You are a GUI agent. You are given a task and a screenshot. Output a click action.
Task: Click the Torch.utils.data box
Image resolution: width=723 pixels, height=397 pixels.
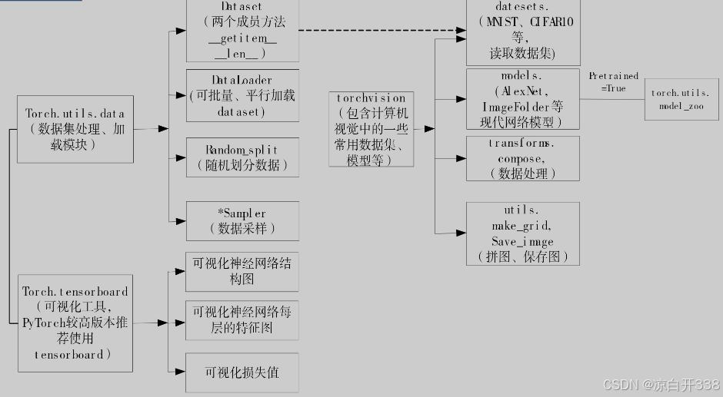click(75, 129)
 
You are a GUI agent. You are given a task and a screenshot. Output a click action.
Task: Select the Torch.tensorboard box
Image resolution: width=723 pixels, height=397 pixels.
click(75, 326)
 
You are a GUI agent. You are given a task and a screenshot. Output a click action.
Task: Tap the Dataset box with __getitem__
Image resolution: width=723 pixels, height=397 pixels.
click(242, 31)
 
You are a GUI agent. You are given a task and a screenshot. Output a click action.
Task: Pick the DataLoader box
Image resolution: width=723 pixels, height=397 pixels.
click(242, 95)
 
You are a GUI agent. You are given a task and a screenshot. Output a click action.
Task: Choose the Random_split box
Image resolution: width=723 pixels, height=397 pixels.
click(242, 157)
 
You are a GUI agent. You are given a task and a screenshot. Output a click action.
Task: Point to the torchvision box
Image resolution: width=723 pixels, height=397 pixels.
click(371, 128)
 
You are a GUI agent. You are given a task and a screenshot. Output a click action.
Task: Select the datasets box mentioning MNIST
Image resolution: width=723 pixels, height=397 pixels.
click(522, 32)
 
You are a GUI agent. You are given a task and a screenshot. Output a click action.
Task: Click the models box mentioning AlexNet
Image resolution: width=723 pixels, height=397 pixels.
click(522, 99)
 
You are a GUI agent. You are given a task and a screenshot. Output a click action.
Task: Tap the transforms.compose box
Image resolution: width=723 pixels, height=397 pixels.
click(522, 159)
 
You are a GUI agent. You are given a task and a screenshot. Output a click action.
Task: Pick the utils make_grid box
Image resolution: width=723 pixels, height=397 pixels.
click(522, 233)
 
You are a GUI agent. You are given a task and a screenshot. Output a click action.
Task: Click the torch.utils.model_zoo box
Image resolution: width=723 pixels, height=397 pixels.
click(682, 98)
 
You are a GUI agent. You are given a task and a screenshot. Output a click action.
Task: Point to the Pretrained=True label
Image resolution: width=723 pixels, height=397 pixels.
click(613, 82)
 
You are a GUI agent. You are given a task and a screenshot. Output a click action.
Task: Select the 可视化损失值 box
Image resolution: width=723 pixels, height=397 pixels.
click(242, 372)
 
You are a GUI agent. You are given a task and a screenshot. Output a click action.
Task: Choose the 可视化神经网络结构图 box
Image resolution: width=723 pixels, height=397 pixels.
click(242, 271)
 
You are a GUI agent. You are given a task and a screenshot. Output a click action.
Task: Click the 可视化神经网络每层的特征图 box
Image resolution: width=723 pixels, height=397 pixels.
click(242, 320)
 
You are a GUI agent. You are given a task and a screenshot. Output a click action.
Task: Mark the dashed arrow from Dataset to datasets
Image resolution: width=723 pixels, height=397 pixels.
click(381, 31)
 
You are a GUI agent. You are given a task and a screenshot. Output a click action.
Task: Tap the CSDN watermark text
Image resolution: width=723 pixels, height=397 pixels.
click(661, 384)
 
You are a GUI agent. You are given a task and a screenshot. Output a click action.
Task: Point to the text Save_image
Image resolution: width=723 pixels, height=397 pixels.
click(522, 241)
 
